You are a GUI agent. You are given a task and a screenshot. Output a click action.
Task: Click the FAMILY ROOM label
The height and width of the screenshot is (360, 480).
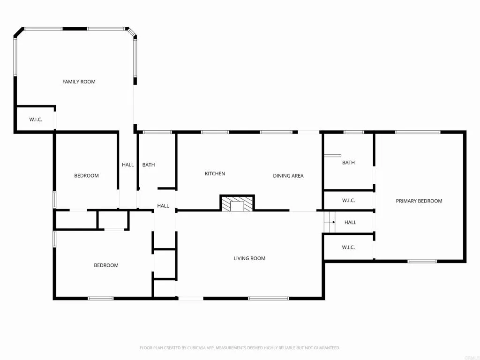[x=79, y=82]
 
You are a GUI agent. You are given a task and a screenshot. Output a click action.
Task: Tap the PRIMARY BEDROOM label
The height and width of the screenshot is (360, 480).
[x=419, y=201]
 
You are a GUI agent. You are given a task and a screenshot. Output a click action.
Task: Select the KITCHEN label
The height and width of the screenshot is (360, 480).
[x=215, y=174]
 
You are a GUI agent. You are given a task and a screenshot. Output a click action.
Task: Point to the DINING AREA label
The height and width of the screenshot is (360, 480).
[x=288, y=176]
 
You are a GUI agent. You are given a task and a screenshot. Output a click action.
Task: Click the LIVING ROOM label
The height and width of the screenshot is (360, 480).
[x=249, y=258]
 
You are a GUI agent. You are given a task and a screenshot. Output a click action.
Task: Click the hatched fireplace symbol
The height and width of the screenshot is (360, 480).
[x=237, y=204]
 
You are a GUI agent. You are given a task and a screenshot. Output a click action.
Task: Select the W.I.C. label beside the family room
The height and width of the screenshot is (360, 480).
[x=36, y=120]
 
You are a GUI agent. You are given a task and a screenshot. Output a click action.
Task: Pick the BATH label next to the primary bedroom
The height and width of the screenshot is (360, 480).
[x=348, y=163]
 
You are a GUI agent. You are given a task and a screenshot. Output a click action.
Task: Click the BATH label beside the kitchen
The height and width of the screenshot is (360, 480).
[x=149, y=165]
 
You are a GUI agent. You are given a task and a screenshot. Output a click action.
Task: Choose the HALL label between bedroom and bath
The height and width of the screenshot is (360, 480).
[x=127, y=165]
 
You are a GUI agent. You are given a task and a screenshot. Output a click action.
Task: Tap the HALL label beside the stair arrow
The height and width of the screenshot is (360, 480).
[x=350, y=223]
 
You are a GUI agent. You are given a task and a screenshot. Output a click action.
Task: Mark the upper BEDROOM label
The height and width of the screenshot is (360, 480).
[x=86, y=176]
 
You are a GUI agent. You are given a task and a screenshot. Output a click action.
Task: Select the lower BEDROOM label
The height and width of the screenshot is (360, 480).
[x=106, y=265]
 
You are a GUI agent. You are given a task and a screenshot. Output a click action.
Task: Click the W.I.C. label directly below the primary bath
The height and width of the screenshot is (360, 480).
[x=348, y=201]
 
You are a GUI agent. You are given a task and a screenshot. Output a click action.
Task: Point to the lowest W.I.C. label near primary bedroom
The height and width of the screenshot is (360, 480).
[x=348, y=247]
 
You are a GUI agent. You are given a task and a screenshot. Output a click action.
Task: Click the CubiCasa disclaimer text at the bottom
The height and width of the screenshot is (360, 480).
[x=240, y=348]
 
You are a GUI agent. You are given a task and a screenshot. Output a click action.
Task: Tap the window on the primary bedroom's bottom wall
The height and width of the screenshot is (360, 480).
[x=422, y=261]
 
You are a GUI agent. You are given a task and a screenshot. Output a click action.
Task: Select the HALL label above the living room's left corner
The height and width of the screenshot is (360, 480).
[x=163, y=206]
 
